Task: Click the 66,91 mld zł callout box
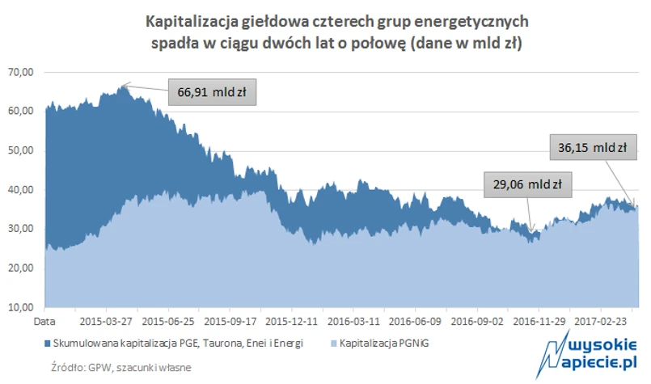pos(212,92)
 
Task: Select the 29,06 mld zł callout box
pos(527,184)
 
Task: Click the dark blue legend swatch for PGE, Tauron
pos(50,344)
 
